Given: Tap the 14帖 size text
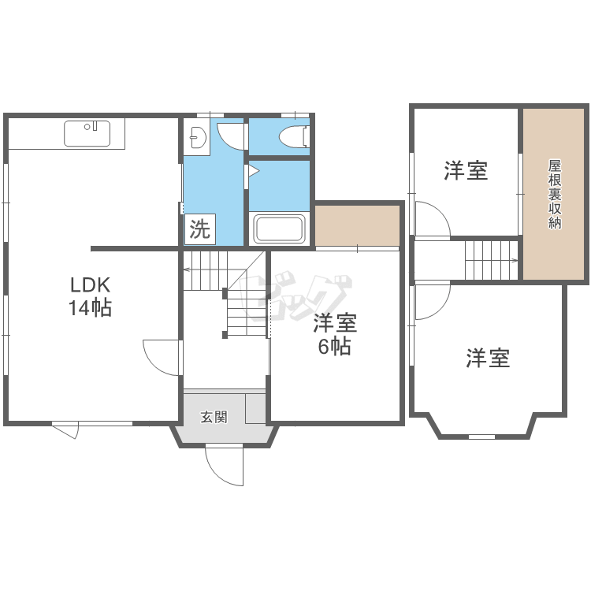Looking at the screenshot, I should point(89,308).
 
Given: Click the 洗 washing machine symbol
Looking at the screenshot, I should point(199,230).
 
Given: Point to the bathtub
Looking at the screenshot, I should point(279,229).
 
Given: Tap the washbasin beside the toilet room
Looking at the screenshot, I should point(195,139).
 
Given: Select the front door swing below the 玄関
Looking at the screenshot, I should point(223,466).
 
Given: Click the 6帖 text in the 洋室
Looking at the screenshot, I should point(335,347).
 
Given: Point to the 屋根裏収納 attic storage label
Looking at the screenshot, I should point(554,194).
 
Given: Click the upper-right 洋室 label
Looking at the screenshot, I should point(465,169).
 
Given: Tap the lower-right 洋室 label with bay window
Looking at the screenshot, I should point(488,359).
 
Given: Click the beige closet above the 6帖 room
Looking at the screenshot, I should point(358,227).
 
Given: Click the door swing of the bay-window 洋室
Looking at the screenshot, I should point(431,301).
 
